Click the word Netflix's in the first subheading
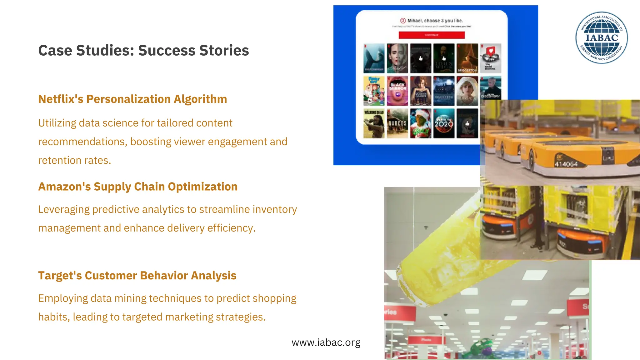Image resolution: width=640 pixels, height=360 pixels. pos(61,99)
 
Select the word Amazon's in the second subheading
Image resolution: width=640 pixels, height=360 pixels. pos(64,187)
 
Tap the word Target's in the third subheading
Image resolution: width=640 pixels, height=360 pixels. pos(60,276)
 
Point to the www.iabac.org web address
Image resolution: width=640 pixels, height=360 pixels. pos(326,342)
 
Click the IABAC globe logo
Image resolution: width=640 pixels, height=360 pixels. pos(602,38)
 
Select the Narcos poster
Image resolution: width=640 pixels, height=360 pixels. pos(397,123)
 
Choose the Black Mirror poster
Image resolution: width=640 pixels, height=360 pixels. pos(397,91)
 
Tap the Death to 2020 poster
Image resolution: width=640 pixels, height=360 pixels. pos(444,123)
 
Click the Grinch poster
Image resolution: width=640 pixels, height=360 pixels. pos(421,123)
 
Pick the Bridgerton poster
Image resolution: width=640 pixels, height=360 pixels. pos(467,58)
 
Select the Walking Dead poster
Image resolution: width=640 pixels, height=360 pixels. pos(374,123)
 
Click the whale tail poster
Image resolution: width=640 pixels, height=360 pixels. pos(374,58)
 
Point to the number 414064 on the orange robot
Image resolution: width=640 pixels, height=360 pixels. pos(566,164)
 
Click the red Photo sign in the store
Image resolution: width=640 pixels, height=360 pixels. pos(426,340)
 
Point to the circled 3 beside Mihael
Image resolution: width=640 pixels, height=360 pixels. pos(403,21)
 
